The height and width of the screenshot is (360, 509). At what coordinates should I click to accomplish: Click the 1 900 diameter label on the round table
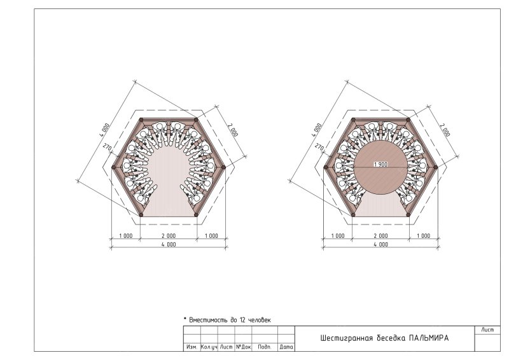point(380,165)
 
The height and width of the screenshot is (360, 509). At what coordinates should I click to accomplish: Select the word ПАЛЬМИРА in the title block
point(428,338)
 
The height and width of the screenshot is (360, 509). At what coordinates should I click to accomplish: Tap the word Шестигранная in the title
point(347,338)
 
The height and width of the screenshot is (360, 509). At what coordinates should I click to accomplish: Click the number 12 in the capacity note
point(242,320)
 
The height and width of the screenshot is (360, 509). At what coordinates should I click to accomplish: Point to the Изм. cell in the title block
point(192,347)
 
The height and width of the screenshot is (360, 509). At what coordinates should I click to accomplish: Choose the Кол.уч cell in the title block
point(209,347)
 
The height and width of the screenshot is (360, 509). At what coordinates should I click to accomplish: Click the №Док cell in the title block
point(244,347)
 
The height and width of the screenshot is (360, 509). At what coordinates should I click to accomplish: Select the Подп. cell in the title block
point(265,347)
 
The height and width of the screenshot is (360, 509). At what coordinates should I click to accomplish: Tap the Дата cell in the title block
point(286,347)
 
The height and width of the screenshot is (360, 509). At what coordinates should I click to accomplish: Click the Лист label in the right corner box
point(487,330)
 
